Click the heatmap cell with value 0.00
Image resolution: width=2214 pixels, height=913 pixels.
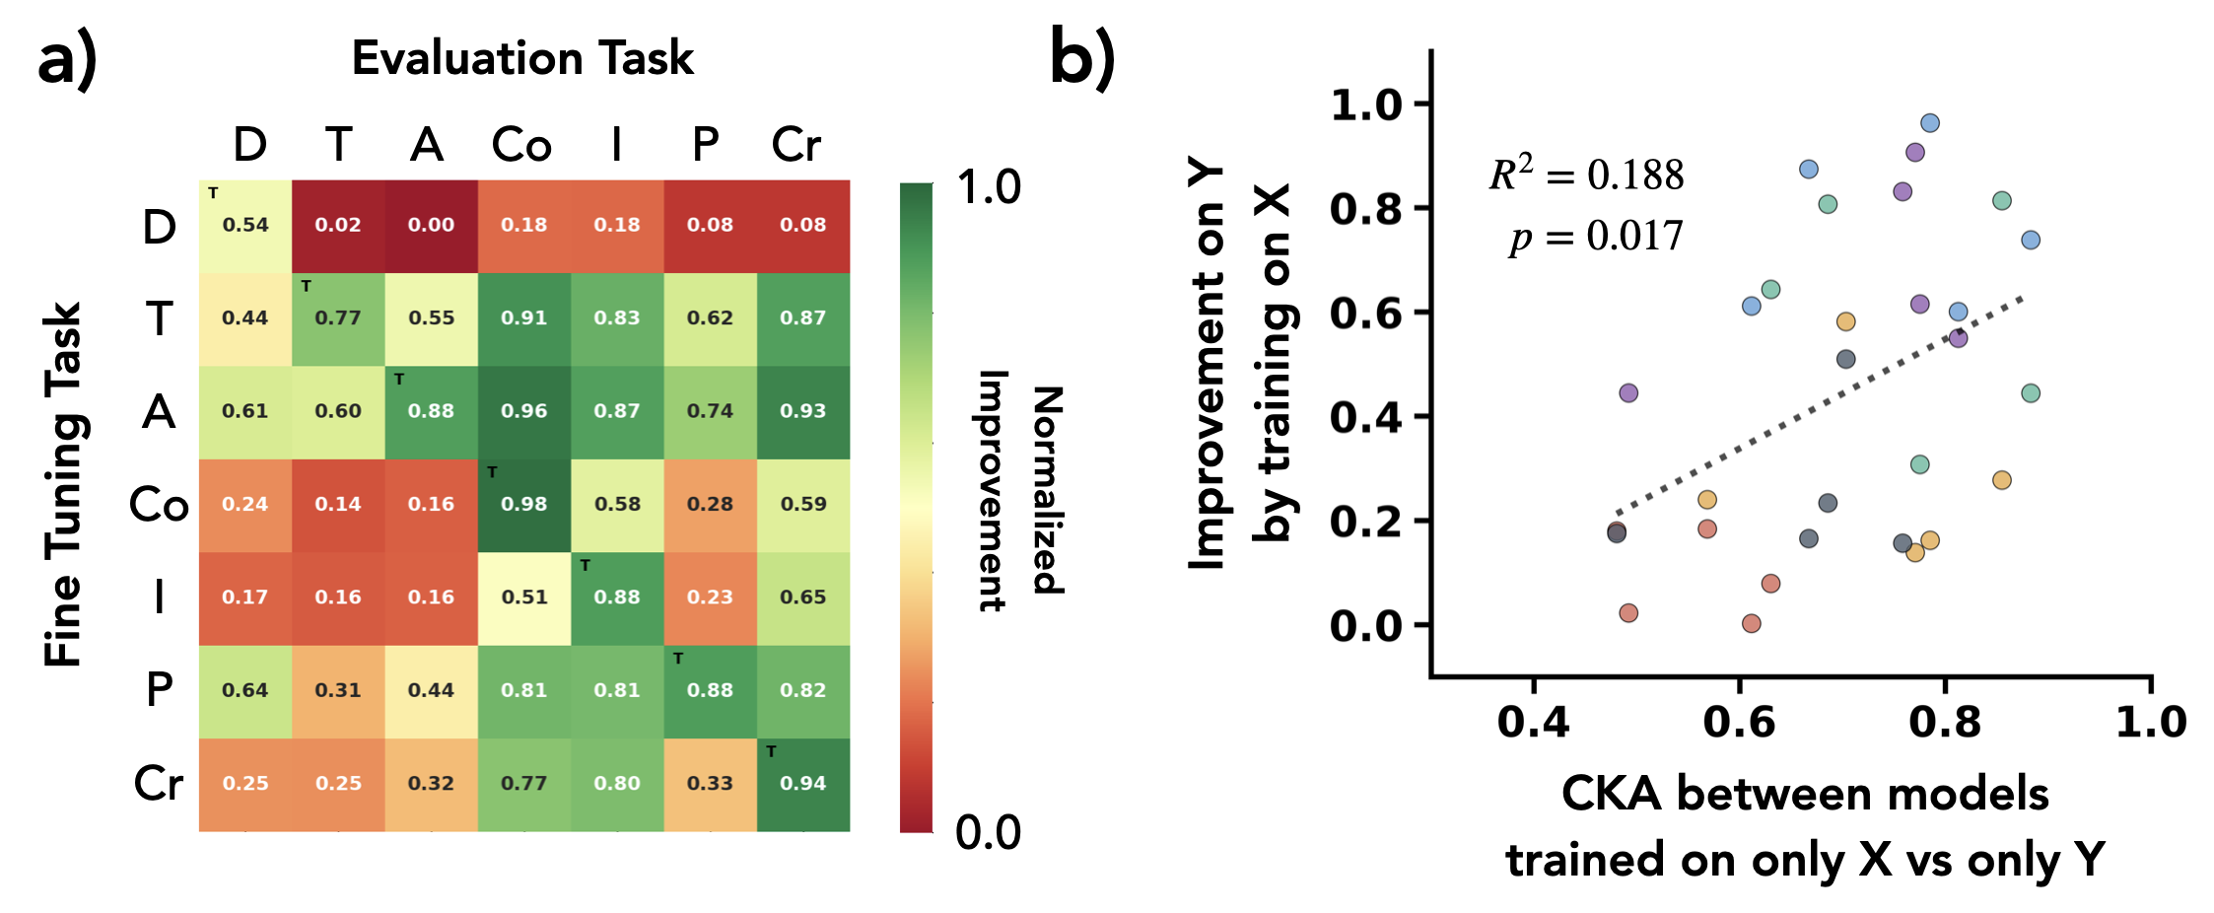click(431, 226)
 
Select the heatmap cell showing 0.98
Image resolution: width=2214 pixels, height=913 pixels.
click(523, 505)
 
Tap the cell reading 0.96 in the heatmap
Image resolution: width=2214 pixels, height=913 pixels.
click(523, 412)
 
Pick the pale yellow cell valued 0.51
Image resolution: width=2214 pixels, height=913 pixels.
click(523, 597)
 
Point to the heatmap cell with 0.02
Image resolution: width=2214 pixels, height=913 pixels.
click(338, 226)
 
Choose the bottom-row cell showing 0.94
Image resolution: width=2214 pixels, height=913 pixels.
click(802, 784)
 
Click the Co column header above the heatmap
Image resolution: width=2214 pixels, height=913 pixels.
click(521, 146)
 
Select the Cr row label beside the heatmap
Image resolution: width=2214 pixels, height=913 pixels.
click(159, 784)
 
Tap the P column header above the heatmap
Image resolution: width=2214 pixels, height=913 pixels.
click(705, 146)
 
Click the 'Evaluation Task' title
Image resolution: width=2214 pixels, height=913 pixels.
click(522, 58)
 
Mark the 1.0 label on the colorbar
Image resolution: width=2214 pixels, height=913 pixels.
click(989, 187)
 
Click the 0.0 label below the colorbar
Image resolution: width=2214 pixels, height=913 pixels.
click(988, 833)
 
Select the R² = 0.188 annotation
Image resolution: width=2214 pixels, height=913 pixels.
click(1586, 175)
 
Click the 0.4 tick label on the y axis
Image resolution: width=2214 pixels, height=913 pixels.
click(1365, 417)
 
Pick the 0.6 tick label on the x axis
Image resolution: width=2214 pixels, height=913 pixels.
click(1739, 723)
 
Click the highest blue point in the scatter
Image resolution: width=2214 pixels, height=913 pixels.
click(1930, 123)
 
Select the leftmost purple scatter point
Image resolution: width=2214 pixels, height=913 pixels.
click(1628, 393)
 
